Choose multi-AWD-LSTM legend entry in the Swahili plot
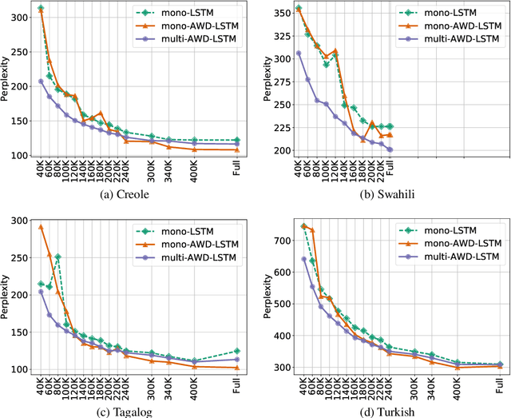[457, 39]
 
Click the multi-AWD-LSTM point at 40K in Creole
[41, 82]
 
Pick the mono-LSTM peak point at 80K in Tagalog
[57, 257]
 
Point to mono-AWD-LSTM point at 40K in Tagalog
[41, 226]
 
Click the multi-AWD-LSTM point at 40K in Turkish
[303, 259]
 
